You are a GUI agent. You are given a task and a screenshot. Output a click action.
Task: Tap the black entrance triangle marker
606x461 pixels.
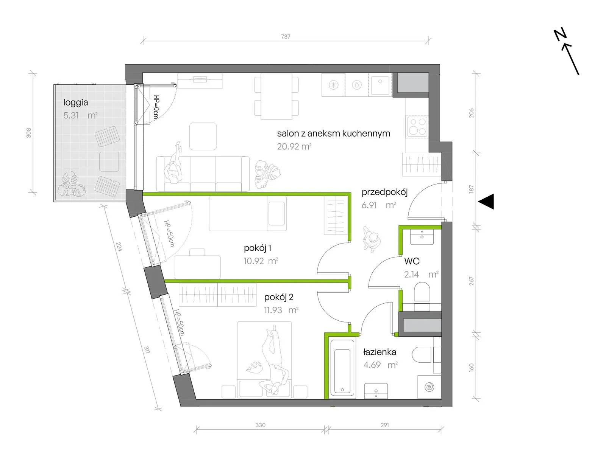[x=486, y=202]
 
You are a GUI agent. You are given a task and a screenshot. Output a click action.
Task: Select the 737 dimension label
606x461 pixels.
[x=286, y=36]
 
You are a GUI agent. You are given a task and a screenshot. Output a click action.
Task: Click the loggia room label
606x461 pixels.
[x=76, y=102]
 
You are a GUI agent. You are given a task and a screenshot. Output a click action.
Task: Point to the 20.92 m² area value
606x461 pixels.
[x=294, y=146]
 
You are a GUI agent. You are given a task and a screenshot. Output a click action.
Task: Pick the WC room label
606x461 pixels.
[x=412, y=261]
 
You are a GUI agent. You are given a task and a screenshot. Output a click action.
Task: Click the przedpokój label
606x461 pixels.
[x=384, y=192]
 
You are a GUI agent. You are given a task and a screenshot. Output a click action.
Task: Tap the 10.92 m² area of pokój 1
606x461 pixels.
[x=261, y=261]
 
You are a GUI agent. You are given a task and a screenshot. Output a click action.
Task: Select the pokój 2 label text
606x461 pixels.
[x=278, y=297]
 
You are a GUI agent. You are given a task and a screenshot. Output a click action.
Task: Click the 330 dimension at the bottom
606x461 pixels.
[x=260, y=425]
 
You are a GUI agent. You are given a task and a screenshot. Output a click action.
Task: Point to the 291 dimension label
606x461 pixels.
[x=384, y=425]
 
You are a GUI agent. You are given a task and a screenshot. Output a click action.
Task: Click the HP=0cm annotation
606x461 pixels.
[x=156, y=107]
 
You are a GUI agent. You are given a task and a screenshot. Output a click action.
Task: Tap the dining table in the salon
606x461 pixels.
[x=276, y=96]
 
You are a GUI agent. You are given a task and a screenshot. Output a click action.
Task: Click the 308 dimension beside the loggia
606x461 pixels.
[x=29, y=133]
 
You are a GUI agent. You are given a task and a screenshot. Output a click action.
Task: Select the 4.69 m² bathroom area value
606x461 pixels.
[x=380, y=365]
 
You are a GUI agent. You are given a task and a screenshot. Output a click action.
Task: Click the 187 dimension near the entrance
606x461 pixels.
[x=471, y=189]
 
